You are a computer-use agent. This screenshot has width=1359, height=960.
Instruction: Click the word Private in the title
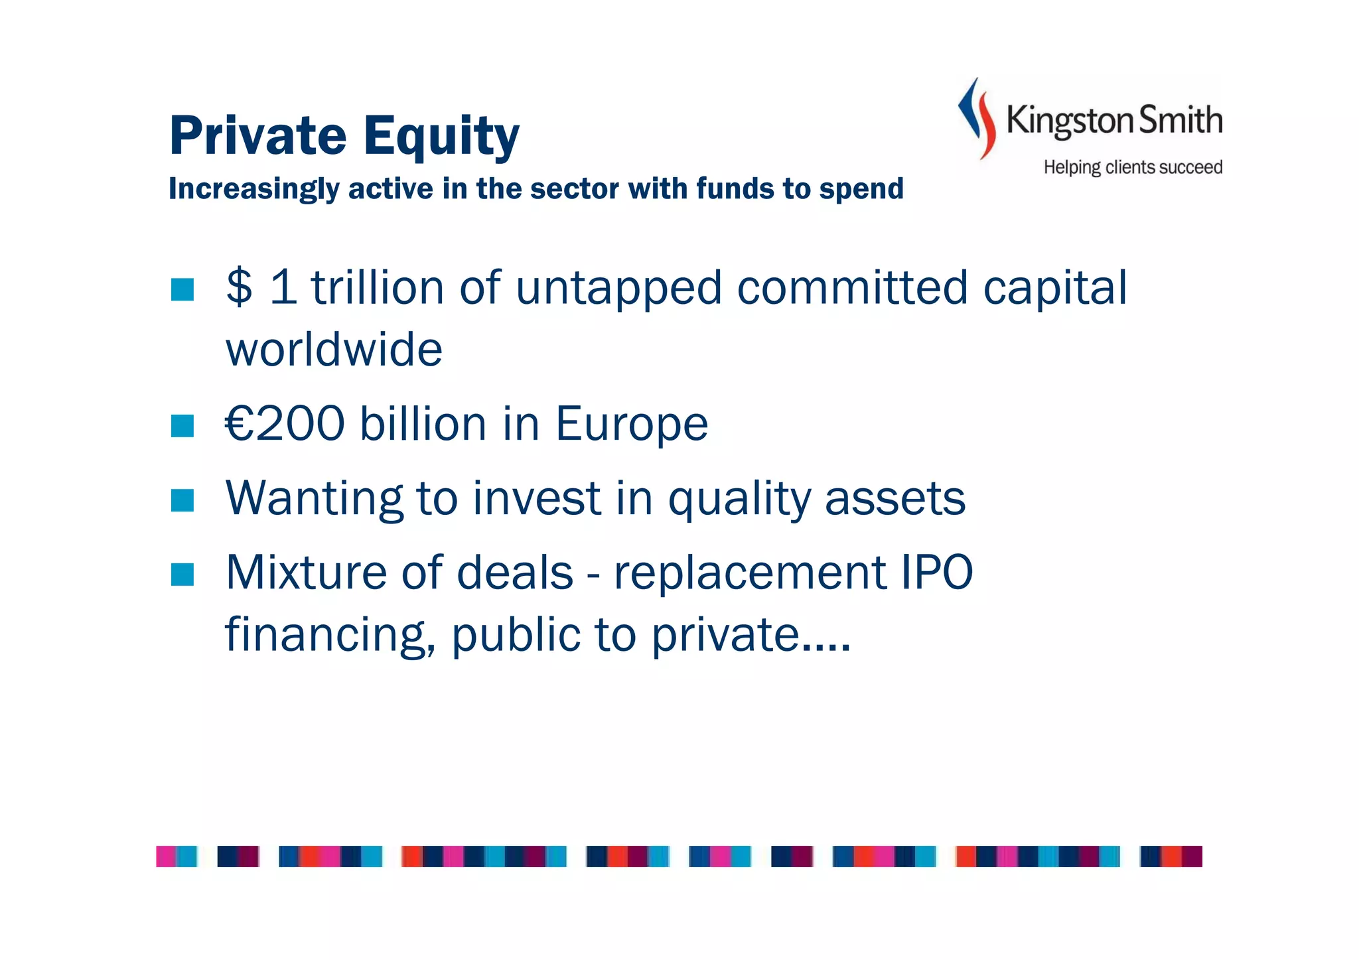(x=258, y=136)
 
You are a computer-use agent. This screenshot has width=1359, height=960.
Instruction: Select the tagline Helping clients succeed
(x=1133, y=167)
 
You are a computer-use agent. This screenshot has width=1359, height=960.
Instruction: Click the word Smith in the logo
(x=1180, y=120)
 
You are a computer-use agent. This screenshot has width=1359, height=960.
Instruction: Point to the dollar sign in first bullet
(x=239, y=287)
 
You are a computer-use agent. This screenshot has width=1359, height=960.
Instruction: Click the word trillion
(x=378, y=287)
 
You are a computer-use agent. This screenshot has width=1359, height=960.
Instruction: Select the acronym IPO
(x=936, y=572)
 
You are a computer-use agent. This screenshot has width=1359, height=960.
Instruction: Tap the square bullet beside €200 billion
(x=182, y=426)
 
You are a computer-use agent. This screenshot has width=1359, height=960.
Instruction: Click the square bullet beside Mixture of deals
(x=182, y=575)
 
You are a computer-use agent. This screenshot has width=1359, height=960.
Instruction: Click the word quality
(x=739, y=500)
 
